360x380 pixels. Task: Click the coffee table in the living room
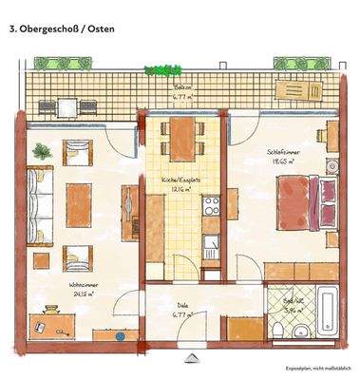coord(77,199)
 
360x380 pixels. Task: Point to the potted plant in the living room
coord(42,150)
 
